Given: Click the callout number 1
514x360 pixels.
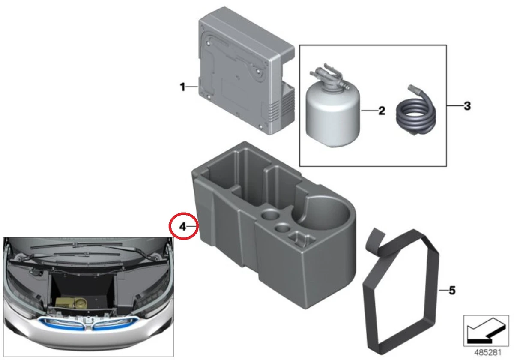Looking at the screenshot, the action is (x=182, y=87).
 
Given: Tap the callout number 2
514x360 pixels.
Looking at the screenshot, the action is (x=382, y=111).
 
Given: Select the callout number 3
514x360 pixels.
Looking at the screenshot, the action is (x=467, y=106).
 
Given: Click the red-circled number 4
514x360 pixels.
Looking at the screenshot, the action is (x=182, y=227).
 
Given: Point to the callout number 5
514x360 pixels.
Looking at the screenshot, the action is (x=452, y=291).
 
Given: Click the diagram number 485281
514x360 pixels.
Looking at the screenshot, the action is (x=487, y=352).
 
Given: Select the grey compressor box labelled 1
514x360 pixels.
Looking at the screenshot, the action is (x=246, y=71).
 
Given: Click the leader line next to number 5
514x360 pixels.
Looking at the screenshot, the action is (x=443, y=291).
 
